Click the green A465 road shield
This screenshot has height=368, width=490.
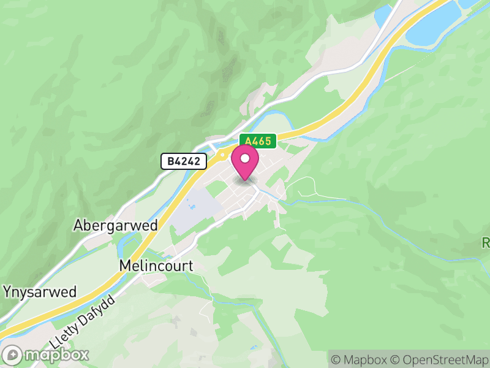(258, 141)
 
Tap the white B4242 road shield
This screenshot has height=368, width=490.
(184, 161)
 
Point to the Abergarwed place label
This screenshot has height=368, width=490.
(115, 225)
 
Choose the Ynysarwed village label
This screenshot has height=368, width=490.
(40, 291)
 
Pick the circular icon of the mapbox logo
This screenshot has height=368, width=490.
(13, 355)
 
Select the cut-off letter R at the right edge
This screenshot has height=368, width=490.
(486, 243)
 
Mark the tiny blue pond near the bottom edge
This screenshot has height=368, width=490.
(254, 348)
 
